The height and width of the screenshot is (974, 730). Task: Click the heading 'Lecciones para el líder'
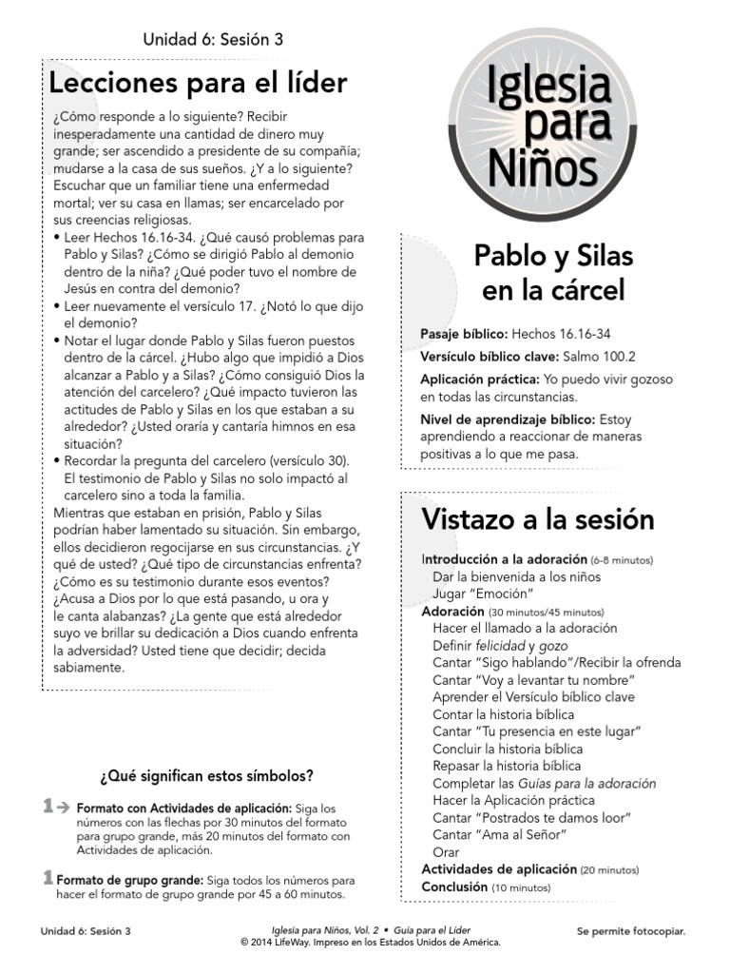pyautogui.click(x=198, y=84)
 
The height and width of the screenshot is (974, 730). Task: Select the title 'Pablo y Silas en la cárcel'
pyautogui.click(x=553, y=273)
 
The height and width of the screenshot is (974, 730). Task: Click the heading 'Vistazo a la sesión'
pyautogui.click(x=538, y=520)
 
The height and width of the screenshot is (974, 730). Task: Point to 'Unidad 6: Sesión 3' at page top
pyautogui.click(x=213, y=40)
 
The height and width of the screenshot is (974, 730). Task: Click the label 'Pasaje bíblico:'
pyautogui.click(x=464, y=335)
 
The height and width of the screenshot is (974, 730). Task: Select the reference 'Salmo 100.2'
pyautogui.click(x=599, y=357)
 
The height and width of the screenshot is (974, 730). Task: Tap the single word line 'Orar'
pyautogui.click(x=445, y=852)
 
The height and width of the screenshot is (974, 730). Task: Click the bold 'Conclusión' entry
pyautogui.click(x=454, y=886)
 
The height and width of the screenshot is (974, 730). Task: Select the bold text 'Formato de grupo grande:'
pyautogui.click(x=129, y=881)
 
